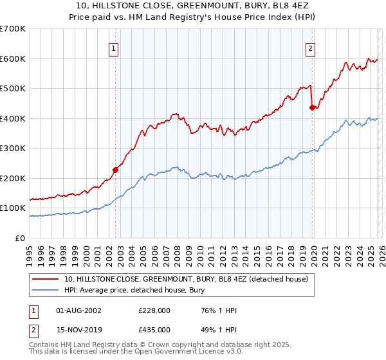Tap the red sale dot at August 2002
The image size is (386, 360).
[116, 170]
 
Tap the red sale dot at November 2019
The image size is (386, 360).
[312, 108]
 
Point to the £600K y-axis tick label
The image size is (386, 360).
[13, 59]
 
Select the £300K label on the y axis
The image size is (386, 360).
[13, 148]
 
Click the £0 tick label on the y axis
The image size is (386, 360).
[21, 238]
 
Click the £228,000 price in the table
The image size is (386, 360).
[154, 310]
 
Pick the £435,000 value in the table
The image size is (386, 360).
[154, 329]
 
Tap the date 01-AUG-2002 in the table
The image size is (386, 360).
[78, 310]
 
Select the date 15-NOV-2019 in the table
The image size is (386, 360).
[78, 329]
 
